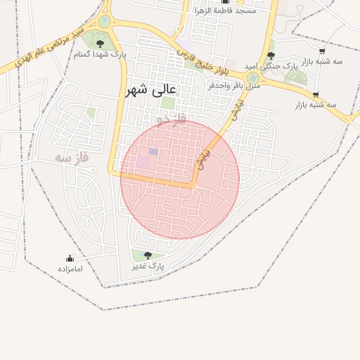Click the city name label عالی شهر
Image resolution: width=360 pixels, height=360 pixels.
coord(152,90)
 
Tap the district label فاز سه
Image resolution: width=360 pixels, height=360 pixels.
coord(73,157)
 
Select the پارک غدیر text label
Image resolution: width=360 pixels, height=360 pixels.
coord(148,266)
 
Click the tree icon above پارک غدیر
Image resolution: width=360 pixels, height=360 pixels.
coord(148,255)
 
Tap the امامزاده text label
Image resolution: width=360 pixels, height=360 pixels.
coord(70,269)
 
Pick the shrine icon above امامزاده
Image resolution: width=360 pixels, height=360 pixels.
coord(70,258)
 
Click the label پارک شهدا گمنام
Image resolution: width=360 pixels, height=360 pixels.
coord(96,54)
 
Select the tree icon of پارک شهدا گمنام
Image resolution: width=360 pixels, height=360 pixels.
coord(99,44)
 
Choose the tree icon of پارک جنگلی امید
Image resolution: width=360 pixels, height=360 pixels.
coord(271,55)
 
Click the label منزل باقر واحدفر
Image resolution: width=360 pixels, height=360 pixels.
coord(234,84)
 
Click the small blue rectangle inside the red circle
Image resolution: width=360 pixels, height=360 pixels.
coord(153,151)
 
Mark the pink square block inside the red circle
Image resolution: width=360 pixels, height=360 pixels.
coord(144,161)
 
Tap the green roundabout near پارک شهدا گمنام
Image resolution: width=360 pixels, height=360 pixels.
coord(105,22)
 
